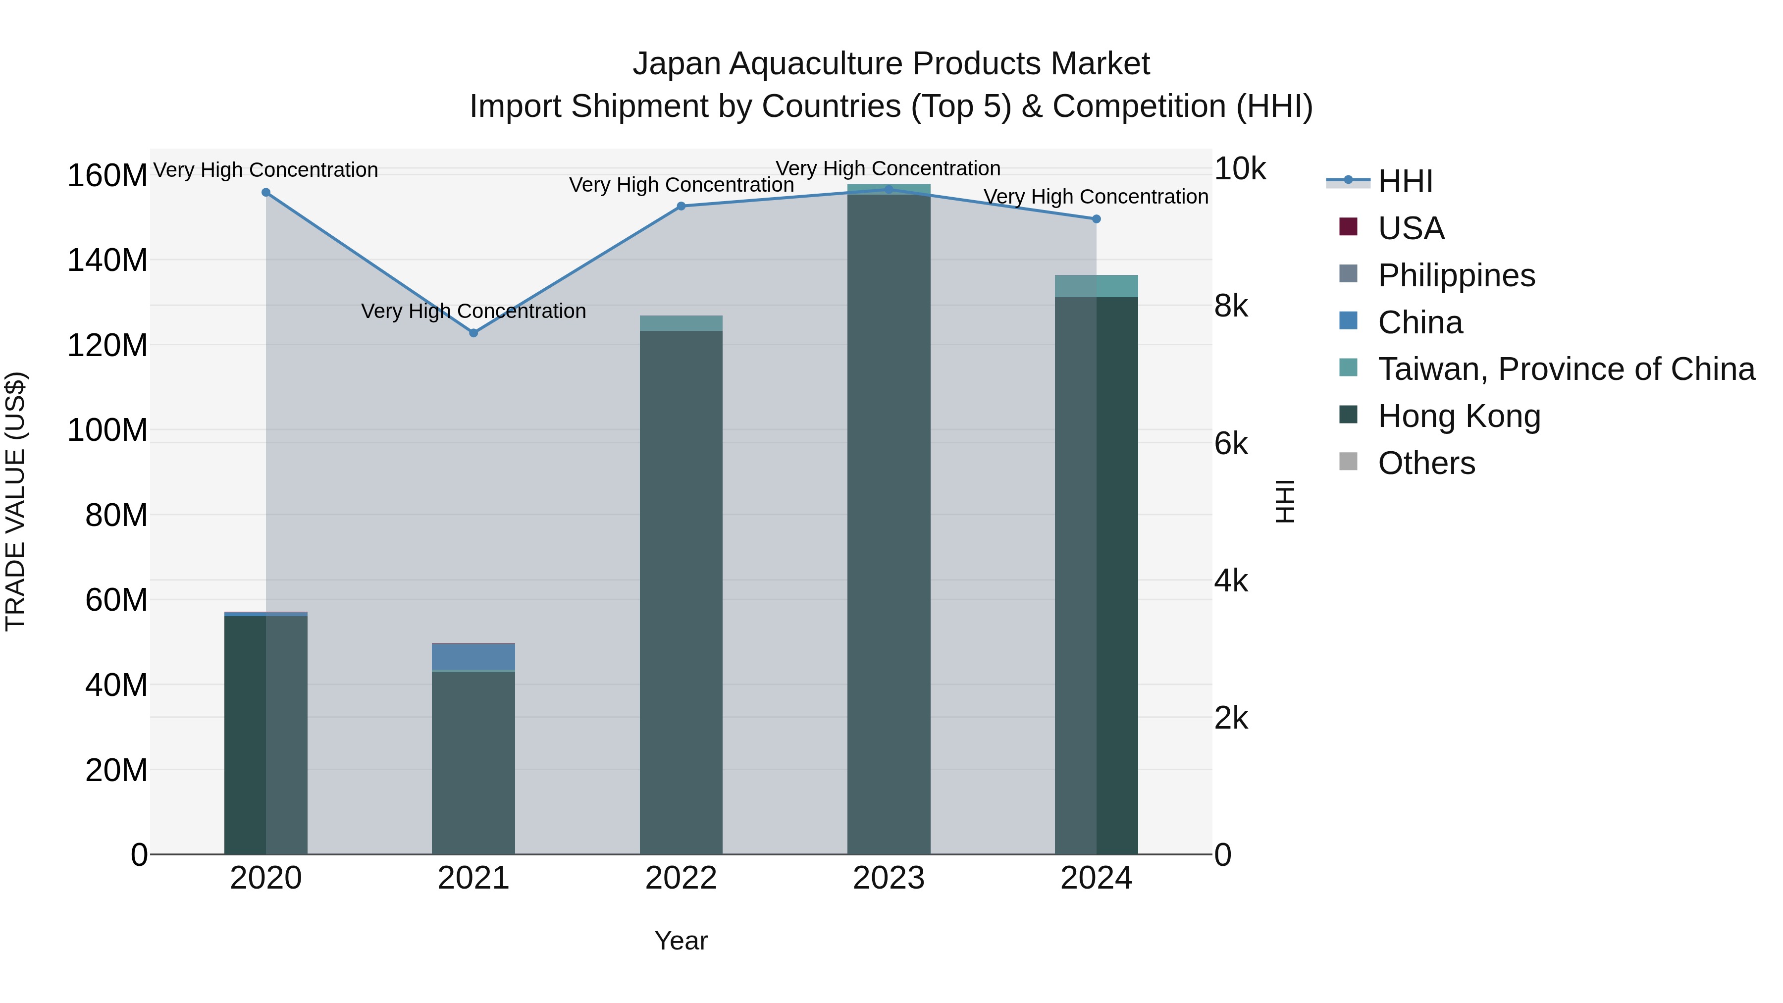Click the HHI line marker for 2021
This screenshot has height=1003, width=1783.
(473, 333)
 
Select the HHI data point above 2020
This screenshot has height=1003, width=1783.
(266, 193)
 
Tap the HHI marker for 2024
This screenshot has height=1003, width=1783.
(1096, 219)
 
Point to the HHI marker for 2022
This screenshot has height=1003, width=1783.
(681, 206)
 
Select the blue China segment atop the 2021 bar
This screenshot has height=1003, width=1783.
(473, 657)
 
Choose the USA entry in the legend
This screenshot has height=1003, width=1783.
(1411, 228)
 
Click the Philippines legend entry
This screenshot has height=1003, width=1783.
(1456, 275)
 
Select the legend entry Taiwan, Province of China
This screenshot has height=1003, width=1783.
(1566, 369)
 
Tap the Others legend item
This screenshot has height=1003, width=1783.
(1426, 463)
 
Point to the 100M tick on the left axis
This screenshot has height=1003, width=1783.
(107, 430)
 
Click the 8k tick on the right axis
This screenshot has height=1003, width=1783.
(1231, 306)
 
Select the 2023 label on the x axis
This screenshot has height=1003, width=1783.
(889, 878)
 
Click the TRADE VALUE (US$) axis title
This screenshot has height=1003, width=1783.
(15, 501)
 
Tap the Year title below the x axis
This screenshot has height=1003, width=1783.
(681, 941)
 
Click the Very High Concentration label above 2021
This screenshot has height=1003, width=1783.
(473, 312)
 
